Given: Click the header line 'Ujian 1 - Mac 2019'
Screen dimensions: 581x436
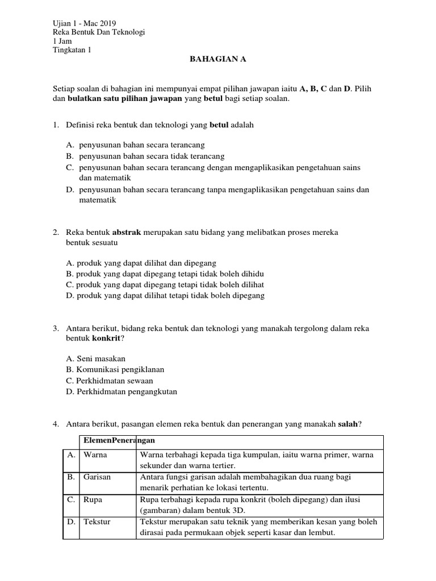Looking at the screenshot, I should [x=83, y=23].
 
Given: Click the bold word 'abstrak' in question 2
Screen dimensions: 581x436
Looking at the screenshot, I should [x=127, y=233].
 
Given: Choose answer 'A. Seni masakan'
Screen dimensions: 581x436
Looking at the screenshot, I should [x=95, y=359].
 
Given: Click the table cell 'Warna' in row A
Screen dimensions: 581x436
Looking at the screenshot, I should [x=95, y=455].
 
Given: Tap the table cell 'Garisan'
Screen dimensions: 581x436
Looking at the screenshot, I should [x=98, y=477].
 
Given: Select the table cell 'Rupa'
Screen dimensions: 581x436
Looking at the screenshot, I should [x=93, y=499].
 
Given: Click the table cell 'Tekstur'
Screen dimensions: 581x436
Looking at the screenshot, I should [x=97, y=521].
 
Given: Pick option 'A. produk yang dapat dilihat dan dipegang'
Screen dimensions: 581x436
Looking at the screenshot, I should [x=141, y=263].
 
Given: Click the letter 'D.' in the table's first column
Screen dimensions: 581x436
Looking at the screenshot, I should [x=71, y=521].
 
